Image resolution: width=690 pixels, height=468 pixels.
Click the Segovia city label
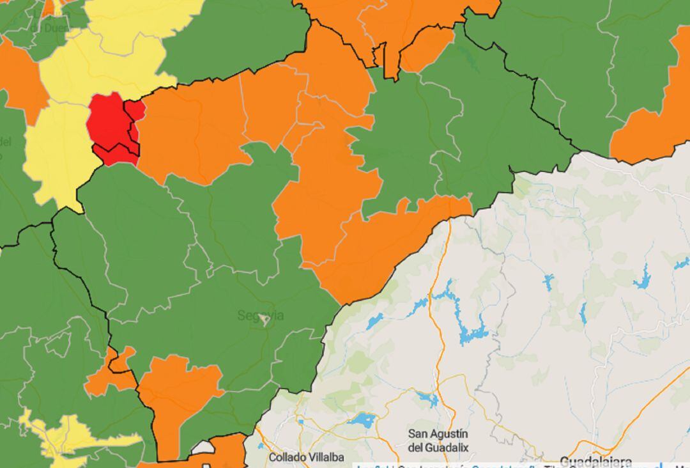(260, 315)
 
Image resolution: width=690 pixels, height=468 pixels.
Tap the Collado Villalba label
(306, 457)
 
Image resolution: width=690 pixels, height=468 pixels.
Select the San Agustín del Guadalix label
(438, 441)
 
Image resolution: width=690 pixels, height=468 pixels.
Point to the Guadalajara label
(595, 462)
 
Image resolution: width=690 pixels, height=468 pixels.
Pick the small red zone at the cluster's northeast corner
(135, 111)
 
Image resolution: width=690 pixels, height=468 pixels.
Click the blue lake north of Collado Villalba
(362, 420)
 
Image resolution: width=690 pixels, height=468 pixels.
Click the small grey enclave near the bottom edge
(202, 448)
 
